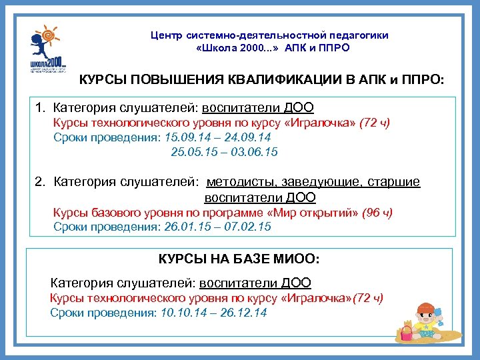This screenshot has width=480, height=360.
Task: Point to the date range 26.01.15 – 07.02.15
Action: pos(217,227)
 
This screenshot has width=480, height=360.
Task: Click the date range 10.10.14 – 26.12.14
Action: pos(214,312)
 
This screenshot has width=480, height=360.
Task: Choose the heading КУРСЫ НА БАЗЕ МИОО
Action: pos(239,258)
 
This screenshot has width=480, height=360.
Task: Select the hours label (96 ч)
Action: pos(377,213)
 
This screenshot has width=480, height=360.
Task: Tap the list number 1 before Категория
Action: pos(39,107)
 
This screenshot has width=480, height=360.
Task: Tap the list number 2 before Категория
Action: pos(39,182)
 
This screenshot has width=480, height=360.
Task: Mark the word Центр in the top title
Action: pos(165,35)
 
